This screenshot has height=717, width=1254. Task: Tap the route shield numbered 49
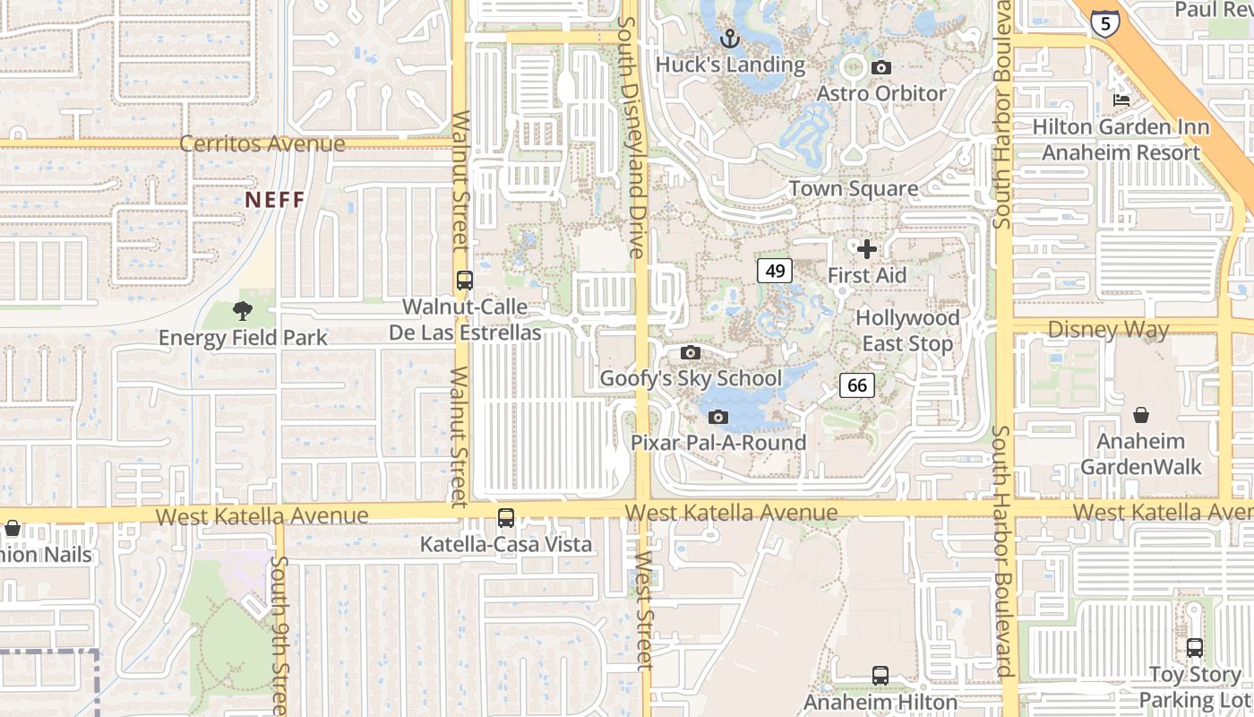[x=775, y=271]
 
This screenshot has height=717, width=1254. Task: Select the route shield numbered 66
[x=857, y=385]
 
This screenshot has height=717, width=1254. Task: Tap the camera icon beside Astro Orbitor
[x=881, y=68]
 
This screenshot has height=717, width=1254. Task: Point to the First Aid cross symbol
[x=866, y=249]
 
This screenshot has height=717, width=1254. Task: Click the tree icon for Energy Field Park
[x=242, y=312]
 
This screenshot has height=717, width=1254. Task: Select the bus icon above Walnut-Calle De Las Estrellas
[x=464, y=280]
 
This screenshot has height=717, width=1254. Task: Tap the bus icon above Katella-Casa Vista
[x=506, y=518]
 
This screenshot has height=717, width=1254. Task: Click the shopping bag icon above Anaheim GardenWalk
[x=1141, y=415]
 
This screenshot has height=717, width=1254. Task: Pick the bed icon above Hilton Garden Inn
[x=1121, y=100]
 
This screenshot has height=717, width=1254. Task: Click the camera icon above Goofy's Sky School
[x=690, y=353]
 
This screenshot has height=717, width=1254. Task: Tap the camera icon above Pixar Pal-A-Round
[x=717, y=418]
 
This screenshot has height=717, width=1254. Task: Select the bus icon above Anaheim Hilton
[x=880, y=676]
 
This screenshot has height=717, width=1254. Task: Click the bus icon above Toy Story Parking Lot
[x=1194, y=647]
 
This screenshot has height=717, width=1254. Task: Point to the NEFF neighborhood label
[x=275, y=200]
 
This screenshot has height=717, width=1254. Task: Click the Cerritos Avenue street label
[x=262, y=143]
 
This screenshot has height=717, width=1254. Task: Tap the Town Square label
[x=853, y=189]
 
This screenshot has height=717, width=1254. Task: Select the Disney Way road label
[x=1108, y=330]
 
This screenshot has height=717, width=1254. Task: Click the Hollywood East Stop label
[x=907, y=331]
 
